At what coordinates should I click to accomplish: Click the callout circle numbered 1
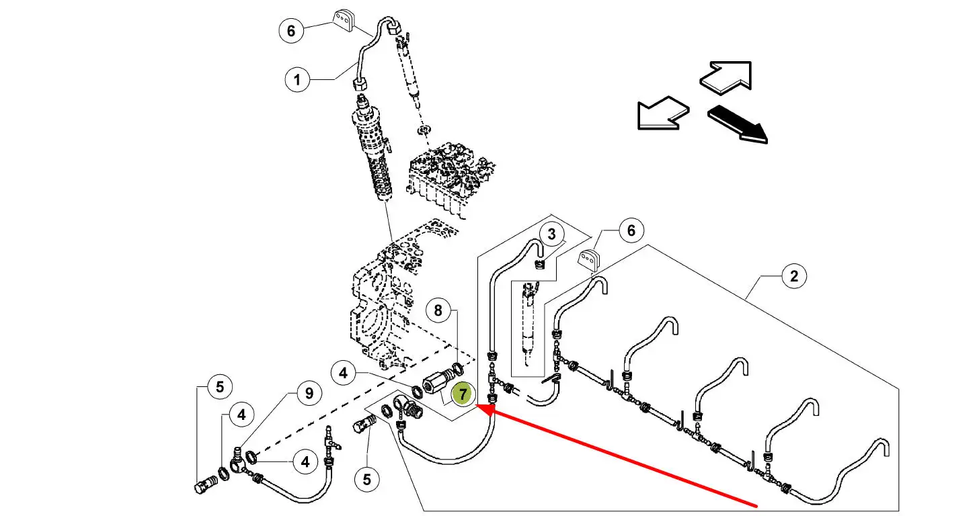point(297,81)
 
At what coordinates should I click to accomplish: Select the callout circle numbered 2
point(794,276)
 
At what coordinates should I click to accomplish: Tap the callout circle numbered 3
point(552,234)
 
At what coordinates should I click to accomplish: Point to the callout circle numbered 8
point(438,310)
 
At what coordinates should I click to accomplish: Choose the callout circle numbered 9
point(309,393)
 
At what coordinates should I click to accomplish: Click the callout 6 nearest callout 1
point(290,31)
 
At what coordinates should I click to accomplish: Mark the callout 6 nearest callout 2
point(631,230)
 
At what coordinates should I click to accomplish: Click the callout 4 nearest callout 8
point(344,372)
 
